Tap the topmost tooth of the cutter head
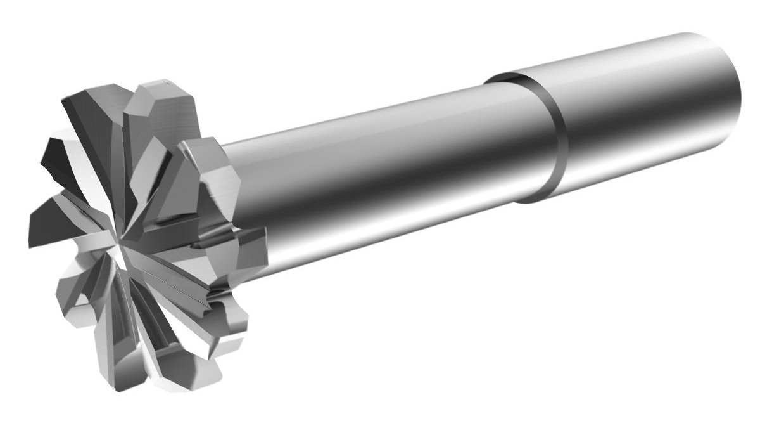161,101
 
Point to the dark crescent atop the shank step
507,77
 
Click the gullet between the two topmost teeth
127,101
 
